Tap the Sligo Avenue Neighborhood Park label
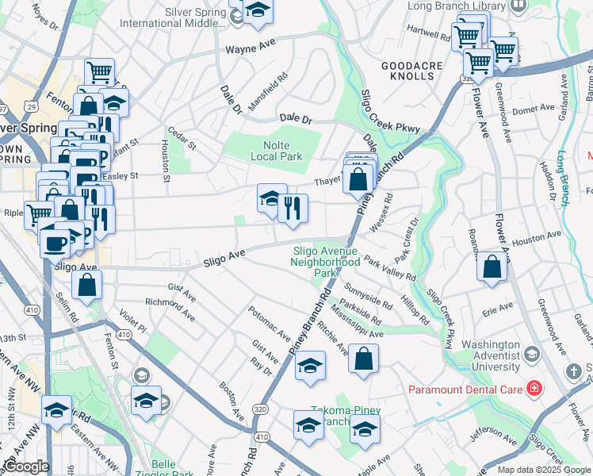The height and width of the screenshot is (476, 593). (324, 262)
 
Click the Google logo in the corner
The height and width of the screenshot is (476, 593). (26, 466)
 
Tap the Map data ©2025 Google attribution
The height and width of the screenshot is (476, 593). (543, 470)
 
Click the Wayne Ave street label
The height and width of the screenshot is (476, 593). (251, 49)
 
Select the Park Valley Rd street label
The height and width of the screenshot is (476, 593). (389, 270)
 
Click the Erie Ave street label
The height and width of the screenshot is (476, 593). (497, 307)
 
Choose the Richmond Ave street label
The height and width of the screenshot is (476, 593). (170, 309)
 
